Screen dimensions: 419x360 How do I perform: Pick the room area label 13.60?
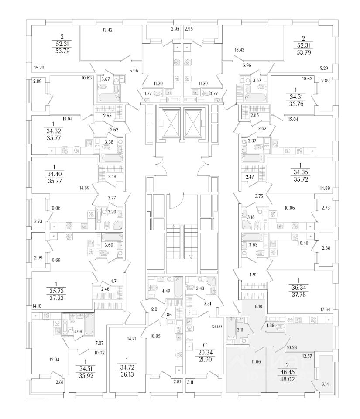pos(217,326)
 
